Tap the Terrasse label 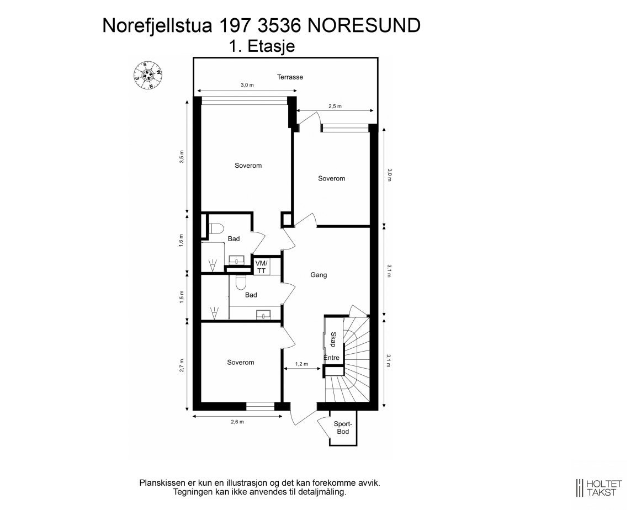pyautogui.click(x=290, y=77)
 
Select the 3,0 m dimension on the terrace pyautogui.click(x=247, y=86)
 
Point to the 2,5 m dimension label pyautogui.click(x=335, y=106)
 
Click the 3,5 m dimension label pyautogui.click(x=182, y=157)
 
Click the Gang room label pyautogui.click(x=319, y=274)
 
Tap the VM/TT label pyautogui.click(x=261, y=267)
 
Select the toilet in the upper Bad pyautogui.click(x=215, y=228)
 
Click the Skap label pyautogui.click(x=333, y=339)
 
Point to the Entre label pyautogui.click(x=331, y=358)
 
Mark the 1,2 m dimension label pyautogui.click(x=301, y=364)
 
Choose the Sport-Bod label pyautogui.click(x=343, y=428)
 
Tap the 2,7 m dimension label pyautogui.click(x=182, y=365)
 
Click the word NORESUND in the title pyautogui.click(x=363, y=25)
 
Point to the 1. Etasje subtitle pyautogui.click(x=262, y=47)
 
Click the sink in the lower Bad pyautogui.click(x=263, y=315)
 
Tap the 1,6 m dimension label pyautogui.click(x=182, y=242)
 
